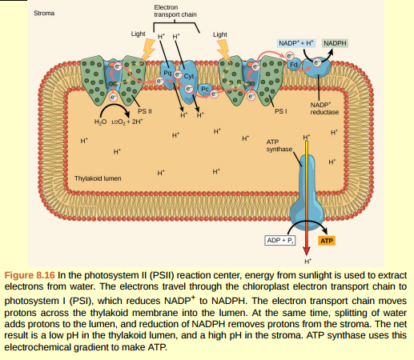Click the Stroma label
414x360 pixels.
coord(45,14)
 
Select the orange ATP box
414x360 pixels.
coord(328,240)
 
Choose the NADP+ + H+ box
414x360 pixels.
coord(297,41)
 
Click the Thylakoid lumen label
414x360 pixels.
coord(97,179)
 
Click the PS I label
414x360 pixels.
coord(280,112)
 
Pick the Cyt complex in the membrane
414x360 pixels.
coord(189,77)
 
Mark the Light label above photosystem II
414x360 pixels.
coord(138,34)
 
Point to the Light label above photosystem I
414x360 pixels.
coord(220,34)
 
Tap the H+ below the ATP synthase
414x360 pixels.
coord(308,261)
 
